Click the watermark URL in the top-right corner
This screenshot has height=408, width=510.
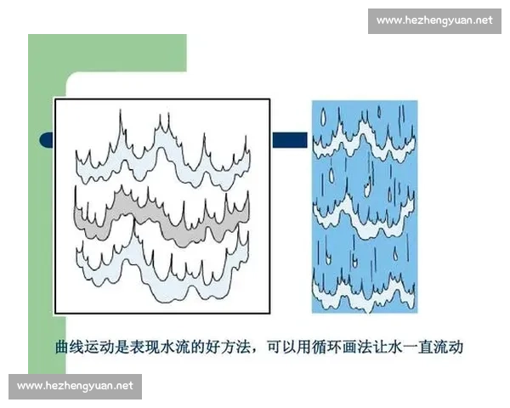434,20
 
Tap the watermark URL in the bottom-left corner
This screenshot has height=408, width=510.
75,386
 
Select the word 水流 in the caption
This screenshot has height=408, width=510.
171,348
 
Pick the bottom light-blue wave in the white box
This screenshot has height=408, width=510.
161,276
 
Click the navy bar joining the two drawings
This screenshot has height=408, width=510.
289,139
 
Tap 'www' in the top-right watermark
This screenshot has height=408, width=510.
389,20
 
